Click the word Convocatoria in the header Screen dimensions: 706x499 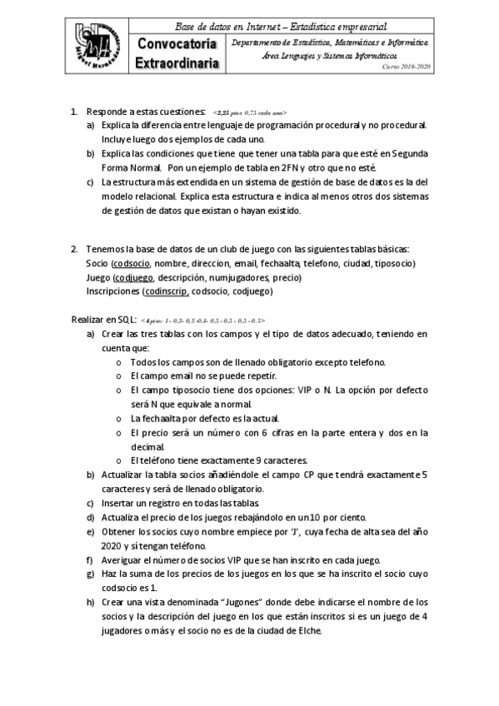pyautogui.click(x=177, y=44)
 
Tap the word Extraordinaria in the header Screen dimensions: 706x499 pyautogui.click(x=177, y=62)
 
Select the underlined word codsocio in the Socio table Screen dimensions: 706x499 pyautogui.click(x=132, y=263)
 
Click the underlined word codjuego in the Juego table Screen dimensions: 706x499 pyautogui.click(x=133, y=277)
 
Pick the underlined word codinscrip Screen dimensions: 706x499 pyautogui.click(x=166, y=291)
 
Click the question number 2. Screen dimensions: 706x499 pyautogui.click(x=74, y=249)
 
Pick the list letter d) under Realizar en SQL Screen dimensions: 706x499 pyautogui.click(x=90, y=517)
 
